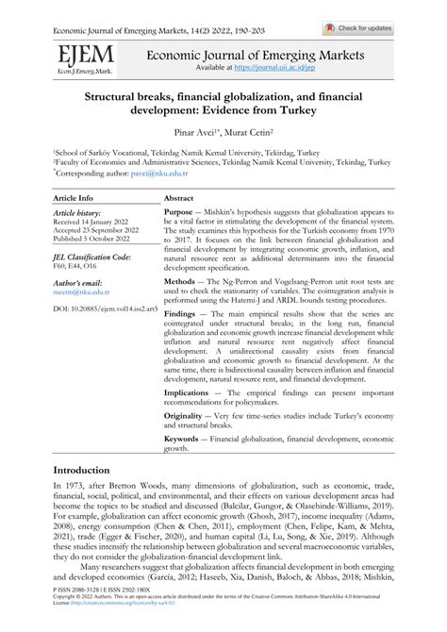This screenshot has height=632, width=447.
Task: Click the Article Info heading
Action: [73, 199]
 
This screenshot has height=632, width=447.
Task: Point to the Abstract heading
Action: [179, 199]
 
